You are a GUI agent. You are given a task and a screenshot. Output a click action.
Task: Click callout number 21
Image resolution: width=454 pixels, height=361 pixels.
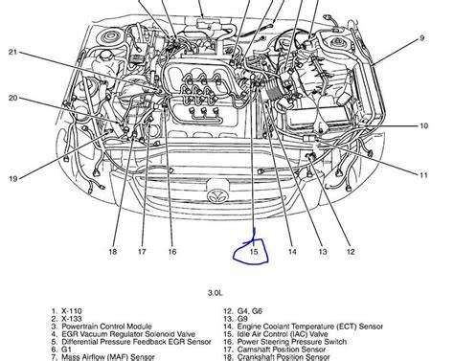coord(12,52)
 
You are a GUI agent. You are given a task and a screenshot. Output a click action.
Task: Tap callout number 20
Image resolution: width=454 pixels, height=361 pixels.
coord(12,98)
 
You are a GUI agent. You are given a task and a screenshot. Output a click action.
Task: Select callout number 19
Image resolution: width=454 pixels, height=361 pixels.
coord(12,178)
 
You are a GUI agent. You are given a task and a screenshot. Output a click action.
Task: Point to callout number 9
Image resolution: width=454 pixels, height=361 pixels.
coord(422,38)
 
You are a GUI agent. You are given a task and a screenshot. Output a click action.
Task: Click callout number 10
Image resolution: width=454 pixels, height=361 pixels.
coord(423,125)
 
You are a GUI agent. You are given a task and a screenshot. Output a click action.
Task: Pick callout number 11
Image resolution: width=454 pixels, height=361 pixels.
coord(423,175)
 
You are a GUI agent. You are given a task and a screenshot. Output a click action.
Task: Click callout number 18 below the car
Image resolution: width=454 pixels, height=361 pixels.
coord(113,252)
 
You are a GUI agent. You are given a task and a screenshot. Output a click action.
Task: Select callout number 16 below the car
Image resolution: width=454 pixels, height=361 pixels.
coord(172,252)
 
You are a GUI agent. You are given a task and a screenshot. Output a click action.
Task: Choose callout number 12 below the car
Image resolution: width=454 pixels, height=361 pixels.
coord(351,252)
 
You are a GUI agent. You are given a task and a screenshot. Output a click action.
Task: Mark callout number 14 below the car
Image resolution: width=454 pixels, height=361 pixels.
coord(292,252)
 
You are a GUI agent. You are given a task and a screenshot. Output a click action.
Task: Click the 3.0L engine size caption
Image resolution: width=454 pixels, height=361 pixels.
coord(215,292)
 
